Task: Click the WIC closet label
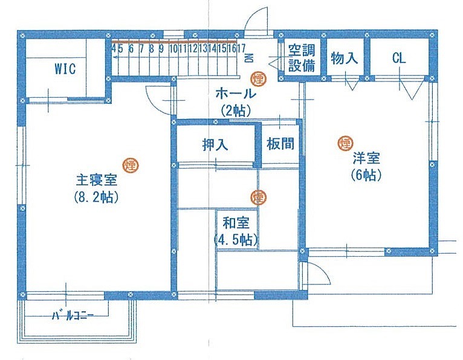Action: [65, 69]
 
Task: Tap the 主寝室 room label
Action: [97, 180]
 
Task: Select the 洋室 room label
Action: [366, 158]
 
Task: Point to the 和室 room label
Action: [236, 223]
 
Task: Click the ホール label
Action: [235, 94]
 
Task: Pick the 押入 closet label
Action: [215, 145]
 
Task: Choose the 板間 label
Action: [280, 144]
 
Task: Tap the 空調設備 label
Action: [302, 58]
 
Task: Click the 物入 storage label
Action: [345, 58]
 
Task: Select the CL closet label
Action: [399, 59]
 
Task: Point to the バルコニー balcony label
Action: [73, 317]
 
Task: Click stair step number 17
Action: [241, 48]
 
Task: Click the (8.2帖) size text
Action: [97, 197]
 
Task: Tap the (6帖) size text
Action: [366, 176]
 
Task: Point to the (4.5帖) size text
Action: [236, 240]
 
